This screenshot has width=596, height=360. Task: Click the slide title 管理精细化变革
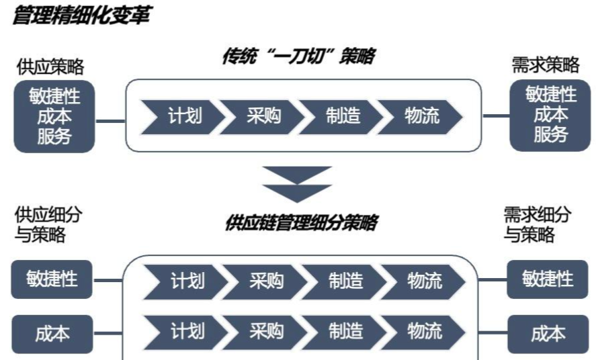[x=82, y=15]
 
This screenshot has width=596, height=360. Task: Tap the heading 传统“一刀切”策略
[x=299, y=56]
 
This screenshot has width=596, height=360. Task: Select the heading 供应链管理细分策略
[x=302, y=222]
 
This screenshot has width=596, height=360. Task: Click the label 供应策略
[x=50, y=67]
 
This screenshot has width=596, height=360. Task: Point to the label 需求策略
[x=546, y=65]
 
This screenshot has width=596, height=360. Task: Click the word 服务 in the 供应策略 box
[x=54, y=136]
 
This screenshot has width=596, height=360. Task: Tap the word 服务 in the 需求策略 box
[x=551, y=134]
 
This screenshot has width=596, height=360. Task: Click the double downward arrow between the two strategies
[x=297, y=184]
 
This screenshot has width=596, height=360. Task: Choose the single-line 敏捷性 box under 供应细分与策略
[x=52, y=279]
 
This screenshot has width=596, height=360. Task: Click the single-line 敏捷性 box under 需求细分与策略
[x=548, y=279]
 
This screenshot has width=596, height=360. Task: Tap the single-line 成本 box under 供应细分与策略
[x=52, y=334]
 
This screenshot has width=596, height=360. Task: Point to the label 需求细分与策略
[x=537, y=224]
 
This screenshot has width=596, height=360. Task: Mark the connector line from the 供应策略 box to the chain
[x=110, y=121]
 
